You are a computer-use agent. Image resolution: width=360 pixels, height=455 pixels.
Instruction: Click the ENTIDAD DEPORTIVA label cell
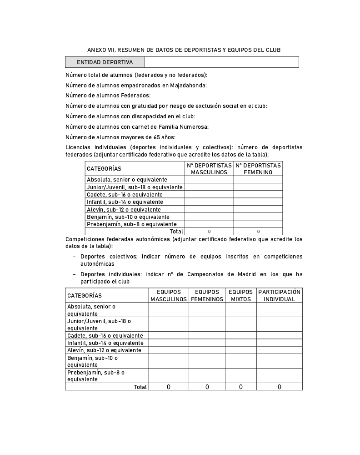pos(105,62)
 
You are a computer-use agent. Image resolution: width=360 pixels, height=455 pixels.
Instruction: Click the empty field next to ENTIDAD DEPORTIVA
pos(221,62)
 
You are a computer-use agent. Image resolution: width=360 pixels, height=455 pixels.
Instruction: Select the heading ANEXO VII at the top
pos(184,50)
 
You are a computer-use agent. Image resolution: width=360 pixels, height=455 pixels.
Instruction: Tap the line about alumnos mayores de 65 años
pos(120,137)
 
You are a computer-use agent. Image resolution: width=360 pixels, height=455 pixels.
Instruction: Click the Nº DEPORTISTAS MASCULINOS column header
pos(209,169)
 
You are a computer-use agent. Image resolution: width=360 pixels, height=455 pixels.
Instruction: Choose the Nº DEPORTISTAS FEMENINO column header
pos(258,169)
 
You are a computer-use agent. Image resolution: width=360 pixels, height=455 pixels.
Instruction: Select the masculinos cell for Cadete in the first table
pos(209,195)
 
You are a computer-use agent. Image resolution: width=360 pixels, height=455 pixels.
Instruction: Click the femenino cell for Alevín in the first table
pos(258,209)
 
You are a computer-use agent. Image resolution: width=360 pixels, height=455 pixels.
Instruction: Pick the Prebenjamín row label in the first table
pos(132,224)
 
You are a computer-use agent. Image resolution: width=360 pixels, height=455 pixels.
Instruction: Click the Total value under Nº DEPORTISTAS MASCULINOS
pos(209,232)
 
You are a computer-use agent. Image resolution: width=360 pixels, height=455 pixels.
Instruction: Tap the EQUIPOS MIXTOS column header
pos(241,296)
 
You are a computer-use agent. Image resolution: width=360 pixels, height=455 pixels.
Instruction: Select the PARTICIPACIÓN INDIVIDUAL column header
pos(280,296)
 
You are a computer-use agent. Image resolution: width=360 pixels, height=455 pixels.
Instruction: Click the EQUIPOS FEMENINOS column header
pos(207,296)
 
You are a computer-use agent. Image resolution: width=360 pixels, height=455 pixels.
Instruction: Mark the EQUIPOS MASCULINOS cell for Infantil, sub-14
pos(169,343)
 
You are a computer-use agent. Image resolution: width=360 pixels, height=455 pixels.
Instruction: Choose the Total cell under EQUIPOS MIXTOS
pos(241,387)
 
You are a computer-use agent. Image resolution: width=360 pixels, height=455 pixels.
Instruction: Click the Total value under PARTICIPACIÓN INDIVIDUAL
pos(280,387)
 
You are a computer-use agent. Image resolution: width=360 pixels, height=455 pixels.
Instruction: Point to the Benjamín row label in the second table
pos(93,361)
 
